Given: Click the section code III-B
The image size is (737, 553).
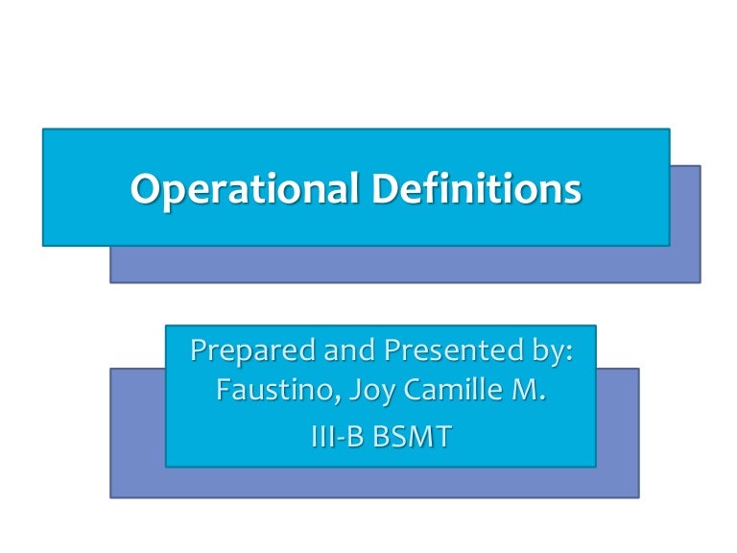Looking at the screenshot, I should (x=339, y=436).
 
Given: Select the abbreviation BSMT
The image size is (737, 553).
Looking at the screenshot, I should (x=413, y=436).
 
